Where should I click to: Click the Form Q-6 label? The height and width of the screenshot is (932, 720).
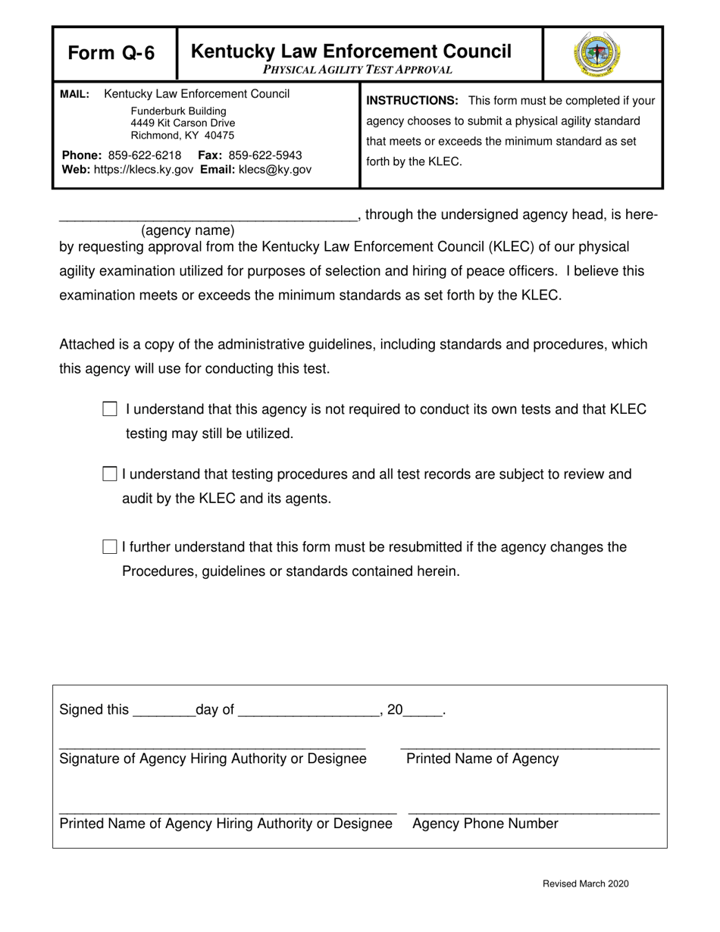coord(111,53)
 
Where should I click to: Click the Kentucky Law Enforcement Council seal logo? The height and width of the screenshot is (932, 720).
coord(597,54)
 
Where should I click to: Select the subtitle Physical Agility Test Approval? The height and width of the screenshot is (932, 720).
coord(358,70)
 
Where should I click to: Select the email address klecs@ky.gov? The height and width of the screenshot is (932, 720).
coord(274,170)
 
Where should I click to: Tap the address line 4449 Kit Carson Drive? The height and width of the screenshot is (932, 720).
coord(183,123)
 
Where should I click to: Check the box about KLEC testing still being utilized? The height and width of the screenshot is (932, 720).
coord(110,409)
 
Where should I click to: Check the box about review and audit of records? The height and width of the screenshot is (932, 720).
coord(110,474)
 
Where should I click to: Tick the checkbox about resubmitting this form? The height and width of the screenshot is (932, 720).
coord(110,547)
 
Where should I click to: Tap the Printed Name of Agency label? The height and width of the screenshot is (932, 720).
coord(483,759)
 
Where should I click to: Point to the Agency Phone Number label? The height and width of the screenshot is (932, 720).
coord(485,824)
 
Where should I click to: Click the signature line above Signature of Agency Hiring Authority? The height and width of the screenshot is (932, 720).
coord(212,746)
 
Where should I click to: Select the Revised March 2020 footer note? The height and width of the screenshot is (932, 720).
coord(585,884)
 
